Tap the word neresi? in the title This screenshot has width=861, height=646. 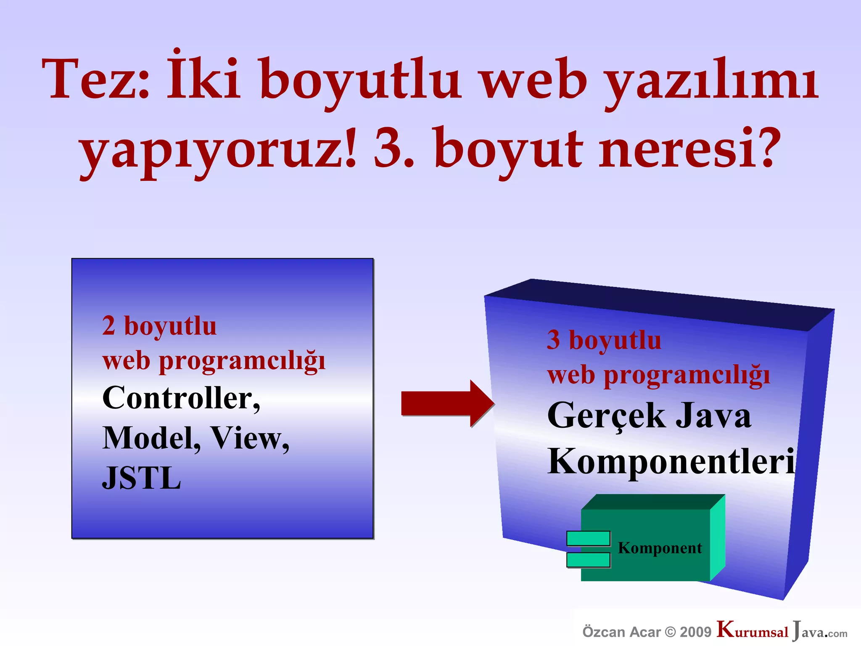(689, 149)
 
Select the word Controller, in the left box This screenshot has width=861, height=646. (181, 398)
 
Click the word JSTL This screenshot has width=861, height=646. (142, 478)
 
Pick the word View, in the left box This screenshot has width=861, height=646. (250, 439)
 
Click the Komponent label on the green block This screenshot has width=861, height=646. (660, 548)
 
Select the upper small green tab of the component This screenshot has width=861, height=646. (588, 538)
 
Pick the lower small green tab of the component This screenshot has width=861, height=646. (588, 560)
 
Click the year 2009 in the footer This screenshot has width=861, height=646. (695, 632)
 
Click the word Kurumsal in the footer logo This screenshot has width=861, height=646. (753, 631)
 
